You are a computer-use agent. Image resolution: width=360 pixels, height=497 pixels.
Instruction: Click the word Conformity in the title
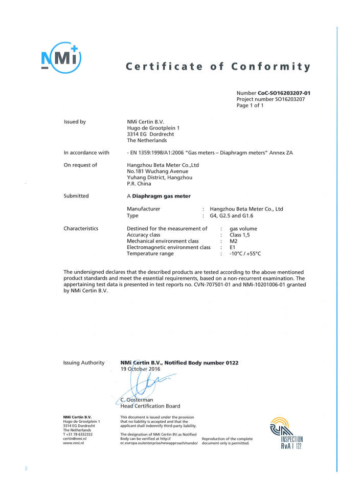click(x=271, y=67)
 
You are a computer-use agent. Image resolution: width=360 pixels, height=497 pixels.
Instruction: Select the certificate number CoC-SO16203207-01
click(x=284, y=93)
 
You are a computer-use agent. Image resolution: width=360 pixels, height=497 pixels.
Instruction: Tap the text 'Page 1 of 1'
click(x=250, y=105)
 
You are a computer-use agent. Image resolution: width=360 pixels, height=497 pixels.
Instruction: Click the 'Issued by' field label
click(x=75, y=122)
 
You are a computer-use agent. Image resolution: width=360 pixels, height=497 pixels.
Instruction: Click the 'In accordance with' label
click(x=86, y=153)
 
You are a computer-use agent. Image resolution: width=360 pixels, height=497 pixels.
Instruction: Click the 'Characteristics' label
click(x=81, y=228)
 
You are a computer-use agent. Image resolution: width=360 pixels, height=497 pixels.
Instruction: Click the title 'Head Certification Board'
click(x=150, y=406)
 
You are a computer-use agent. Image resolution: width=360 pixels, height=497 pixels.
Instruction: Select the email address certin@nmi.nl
click(x=74, y=439)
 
